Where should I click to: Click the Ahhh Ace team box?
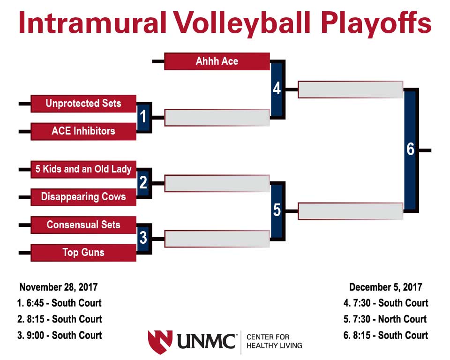click(x=217, y=61)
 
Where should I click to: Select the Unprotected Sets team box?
click(x=83, y=104)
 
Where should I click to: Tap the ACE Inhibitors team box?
click(x=83, y=131)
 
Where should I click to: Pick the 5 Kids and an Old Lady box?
click(x=83, y=169)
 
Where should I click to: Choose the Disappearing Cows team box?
click(x=83, y=197)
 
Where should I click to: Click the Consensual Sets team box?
click(x=83, y=225)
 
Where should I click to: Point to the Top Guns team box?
click(x=83, y=253)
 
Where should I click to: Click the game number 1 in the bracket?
click(x=143, y=117)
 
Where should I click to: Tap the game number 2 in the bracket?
click(x=143, y=183)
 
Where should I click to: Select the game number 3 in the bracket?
click(x=143, y=238)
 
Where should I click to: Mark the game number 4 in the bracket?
click(x=277, y=89)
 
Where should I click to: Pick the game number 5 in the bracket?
click(x=277, y=210)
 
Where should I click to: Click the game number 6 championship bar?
click(x=411, y=150)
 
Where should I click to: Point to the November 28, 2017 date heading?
click(x=59, y=287)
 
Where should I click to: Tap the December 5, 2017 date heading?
click(x=385, y=287)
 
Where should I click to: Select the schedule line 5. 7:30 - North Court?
click(x=385, y=319)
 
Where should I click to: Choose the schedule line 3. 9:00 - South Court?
click(x=60, y=335)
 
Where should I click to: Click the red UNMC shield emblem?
click(x=160, y=342)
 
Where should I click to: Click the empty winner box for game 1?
click(x=217, y=117)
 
